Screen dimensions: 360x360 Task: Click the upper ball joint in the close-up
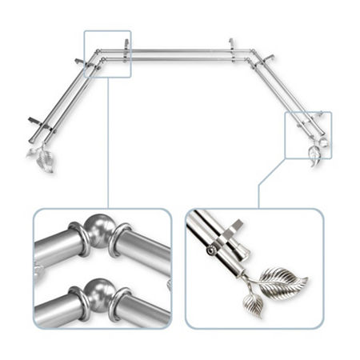[97, 230]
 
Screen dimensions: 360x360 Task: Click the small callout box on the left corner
[106, 54]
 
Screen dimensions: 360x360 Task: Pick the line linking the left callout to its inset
[106, 144]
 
